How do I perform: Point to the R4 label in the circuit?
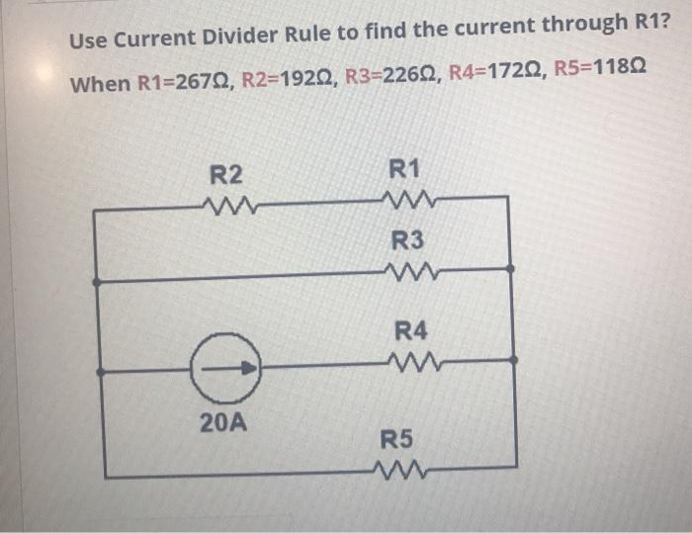click(x=409, y=331)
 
